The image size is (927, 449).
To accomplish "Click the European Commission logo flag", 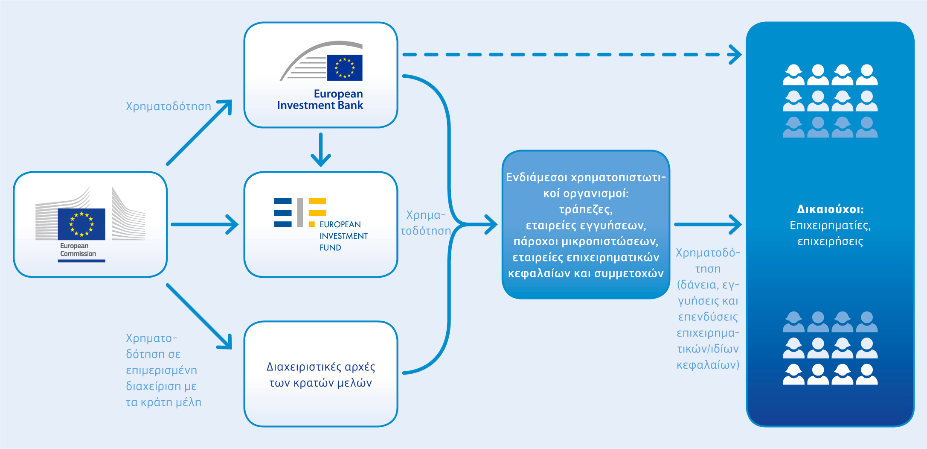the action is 81,224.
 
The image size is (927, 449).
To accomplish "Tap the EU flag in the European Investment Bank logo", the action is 345,67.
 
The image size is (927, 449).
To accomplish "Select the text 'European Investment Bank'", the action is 320,100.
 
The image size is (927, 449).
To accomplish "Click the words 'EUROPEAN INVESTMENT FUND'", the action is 343,236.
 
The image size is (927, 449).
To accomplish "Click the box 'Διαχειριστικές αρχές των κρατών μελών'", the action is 321,374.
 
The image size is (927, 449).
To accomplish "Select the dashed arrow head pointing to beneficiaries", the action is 735,55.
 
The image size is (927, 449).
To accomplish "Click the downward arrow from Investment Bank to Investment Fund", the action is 321,150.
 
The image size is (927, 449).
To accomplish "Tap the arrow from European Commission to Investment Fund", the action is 204,224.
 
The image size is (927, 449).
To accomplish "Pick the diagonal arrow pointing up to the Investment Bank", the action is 199,132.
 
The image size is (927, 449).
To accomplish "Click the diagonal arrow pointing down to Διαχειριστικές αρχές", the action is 199,317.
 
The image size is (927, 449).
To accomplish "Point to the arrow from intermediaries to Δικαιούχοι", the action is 708,224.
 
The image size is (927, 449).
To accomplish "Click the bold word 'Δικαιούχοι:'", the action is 830,209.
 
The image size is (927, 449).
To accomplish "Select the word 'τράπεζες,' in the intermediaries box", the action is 586,209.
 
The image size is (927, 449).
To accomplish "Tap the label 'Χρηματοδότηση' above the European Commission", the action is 169,106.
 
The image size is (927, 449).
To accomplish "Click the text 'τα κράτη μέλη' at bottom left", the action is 163,402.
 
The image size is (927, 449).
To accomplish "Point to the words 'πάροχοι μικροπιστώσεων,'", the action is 586,241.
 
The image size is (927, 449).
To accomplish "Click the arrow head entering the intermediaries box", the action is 491,224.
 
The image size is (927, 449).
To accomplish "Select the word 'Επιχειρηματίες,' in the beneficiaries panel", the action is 830,226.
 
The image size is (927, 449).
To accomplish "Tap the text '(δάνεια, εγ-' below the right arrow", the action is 708,285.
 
